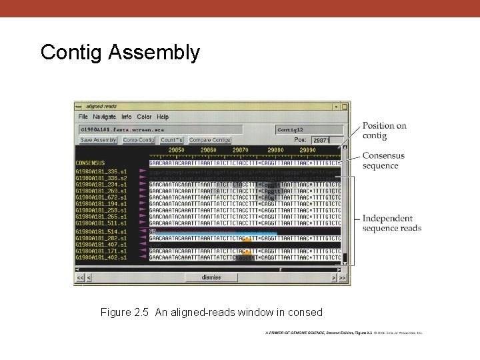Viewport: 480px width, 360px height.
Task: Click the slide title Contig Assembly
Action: coord(120,52)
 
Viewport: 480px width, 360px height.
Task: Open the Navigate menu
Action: coord(104,117)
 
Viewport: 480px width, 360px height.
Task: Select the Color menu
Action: coord(144,117)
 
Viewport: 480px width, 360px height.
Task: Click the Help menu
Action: coord(163,117)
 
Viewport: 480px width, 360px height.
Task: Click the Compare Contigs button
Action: coord(209,140)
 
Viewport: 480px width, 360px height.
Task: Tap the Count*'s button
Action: coord(171,140)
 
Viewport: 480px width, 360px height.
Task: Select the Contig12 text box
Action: coord(309,129)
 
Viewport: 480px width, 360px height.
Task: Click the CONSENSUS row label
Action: coord(90,163)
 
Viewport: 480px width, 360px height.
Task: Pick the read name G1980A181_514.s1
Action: coord(101,231)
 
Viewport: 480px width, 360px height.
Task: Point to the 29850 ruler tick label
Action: coord(176,151)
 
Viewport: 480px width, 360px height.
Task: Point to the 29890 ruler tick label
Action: coord(307,151)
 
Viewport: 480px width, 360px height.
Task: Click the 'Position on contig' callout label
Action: coord(384,131)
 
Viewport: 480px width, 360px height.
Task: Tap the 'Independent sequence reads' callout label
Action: coord(391,223)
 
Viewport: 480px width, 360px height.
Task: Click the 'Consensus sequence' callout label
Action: coord(383,161)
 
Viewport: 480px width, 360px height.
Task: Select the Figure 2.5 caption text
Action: coord(211,312)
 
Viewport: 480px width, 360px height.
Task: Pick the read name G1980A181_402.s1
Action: coord(101,257)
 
